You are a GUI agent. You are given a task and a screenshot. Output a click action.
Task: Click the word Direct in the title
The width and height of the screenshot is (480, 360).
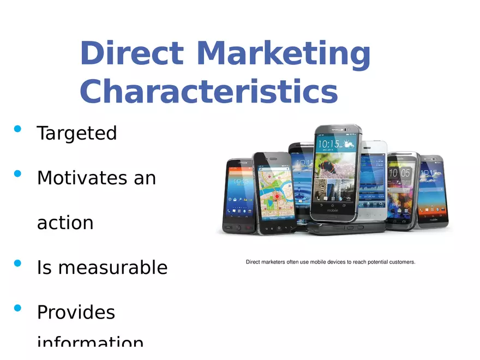point(131,54)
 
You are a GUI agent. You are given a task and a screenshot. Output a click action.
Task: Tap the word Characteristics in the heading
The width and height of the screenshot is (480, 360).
point(208,92)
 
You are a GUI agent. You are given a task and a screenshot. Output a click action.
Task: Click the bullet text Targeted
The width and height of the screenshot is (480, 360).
point(76,133)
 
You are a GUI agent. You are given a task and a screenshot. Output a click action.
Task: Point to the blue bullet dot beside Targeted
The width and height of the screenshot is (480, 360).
point(17,129)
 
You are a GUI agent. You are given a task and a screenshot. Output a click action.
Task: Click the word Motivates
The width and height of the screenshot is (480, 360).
point(82,178)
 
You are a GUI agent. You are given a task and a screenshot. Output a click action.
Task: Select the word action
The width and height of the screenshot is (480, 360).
point(65,223)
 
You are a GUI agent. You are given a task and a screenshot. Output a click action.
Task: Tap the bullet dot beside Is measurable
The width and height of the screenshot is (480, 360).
point(17,263)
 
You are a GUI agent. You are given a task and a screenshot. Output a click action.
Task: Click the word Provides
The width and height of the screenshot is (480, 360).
point(76,312)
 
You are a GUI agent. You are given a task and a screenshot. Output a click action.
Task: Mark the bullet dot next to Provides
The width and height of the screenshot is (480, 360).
point(17,308)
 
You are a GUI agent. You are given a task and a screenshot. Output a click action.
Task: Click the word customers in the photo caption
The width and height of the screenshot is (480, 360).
point(401,262)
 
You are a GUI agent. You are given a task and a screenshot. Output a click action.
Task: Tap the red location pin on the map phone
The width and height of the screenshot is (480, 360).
point(277,196)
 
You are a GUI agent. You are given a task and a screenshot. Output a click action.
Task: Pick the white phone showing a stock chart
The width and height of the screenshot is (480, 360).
point(373,180)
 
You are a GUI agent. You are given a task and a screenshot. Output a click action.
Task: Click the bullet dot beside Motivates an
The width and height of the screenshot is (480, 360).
point(17,174)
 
